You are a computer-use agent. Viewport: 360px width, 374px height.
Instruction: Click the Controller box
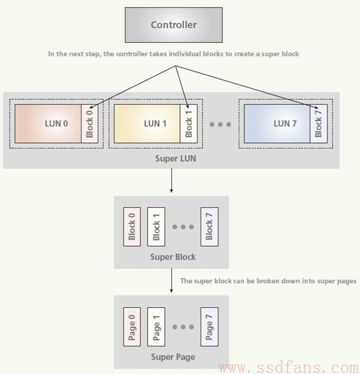click(x=174, y=25)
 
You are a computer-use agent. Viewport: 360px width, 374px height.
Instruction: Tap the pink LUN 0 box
click(x=48, y=124)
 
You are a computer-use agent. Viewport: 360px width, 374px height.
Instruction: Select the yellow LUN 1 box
click(x=147, y=124)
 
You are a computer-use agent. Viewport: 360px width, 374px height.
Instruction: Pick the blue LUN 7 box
click(x=277, y=124)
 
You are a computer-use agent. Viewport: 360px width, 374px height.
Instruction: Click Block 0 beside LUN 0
click(x=89, y=124)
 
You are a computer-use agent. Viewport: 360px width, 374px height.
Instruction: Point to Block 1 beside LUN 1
click(x=189, y=124)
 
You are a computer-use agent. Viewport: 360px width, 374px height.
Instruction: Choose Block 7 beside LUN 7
click(x=319, y=124)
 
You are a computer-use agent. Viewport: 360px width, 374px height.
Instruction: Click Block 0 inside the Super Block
click(x=132, y=227)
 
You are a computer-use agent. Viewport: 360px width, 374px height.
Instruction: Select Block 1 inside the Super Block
click(x=156, y=227)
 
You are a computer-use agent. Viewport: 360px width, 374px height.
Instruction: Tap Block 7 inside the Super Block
click(x=209, y=227)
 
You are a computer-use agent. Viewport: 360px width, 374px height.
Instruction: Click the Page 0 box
click(x=132, y=327)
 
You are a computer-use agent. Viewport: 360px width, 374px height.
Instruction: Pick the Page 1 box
click(x=156, y=327)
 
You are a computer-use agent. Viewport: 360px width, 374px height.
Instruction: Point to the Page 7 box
click(x=209, y=327)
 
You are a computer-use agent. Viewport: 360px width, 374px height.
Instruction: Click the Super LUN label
click(x=176, y=159)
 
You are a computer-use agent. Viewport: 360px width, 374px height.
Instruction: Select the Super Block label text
click(x=173, y=257)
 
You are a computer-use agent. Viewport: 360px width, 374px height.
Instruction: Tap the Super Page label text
click(x=173, y=357)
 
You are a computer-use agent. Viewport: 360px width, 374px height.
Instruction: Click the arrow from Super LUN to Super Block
click(x=171, y=180)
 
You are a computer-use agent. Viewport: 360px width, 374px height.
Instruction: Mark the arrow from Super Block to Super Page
click(x=171, y=280)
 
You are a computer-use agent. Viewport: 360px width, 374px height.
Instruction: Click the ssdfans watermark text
click(x=289, y=368)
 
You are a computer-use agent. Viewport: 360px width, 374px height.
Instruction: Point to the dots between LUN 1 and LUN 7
click(x=220, y=124)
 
